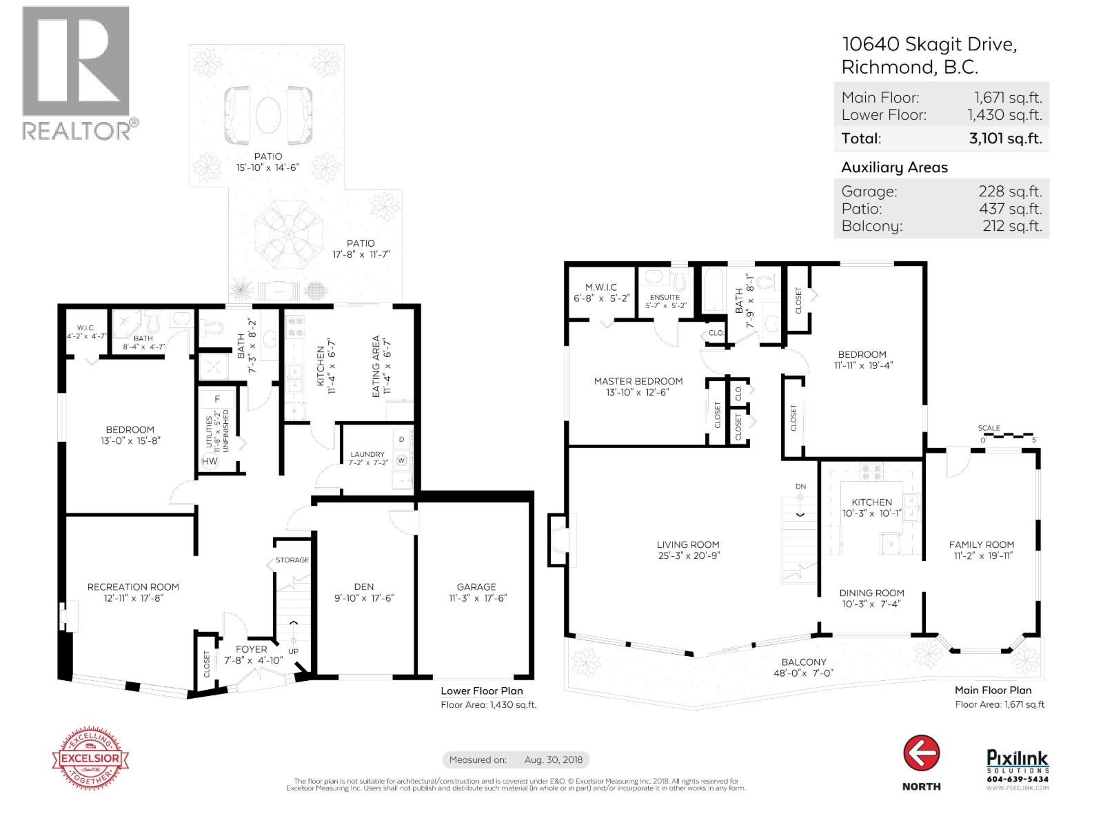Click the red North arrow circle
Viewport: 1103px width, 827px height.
coord(921,753)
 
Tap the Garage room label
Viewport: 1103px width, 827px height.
coord(476,587)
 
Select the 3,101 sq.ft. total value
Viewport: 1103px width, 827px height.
coord(1005,138)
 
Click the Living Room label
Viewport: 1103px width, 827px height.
coord(687,544)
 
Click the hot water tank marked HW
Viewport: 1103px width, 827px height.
coord(210,461)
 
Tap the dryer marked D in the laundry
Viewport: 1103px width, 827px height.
coord(401,439)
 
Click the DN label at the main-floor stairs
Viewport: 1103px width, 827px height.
coord(800,487)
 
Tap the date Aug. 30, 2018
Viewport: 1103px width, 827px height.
coord(553,760)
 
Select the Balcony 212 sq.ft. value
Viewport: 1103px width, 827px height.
coord(1012,226)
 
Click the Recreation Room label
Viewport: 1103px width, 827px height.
coord(133,587)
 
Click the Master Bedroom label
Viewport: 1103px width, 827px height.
coord(638,381)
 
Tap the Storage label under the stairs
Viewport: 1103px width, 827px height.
coord(292,560)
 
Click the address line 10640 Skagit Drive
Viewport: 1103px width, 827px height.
coord(929,45)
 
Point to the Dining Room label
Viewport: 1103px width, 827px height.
coord(871,593)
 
